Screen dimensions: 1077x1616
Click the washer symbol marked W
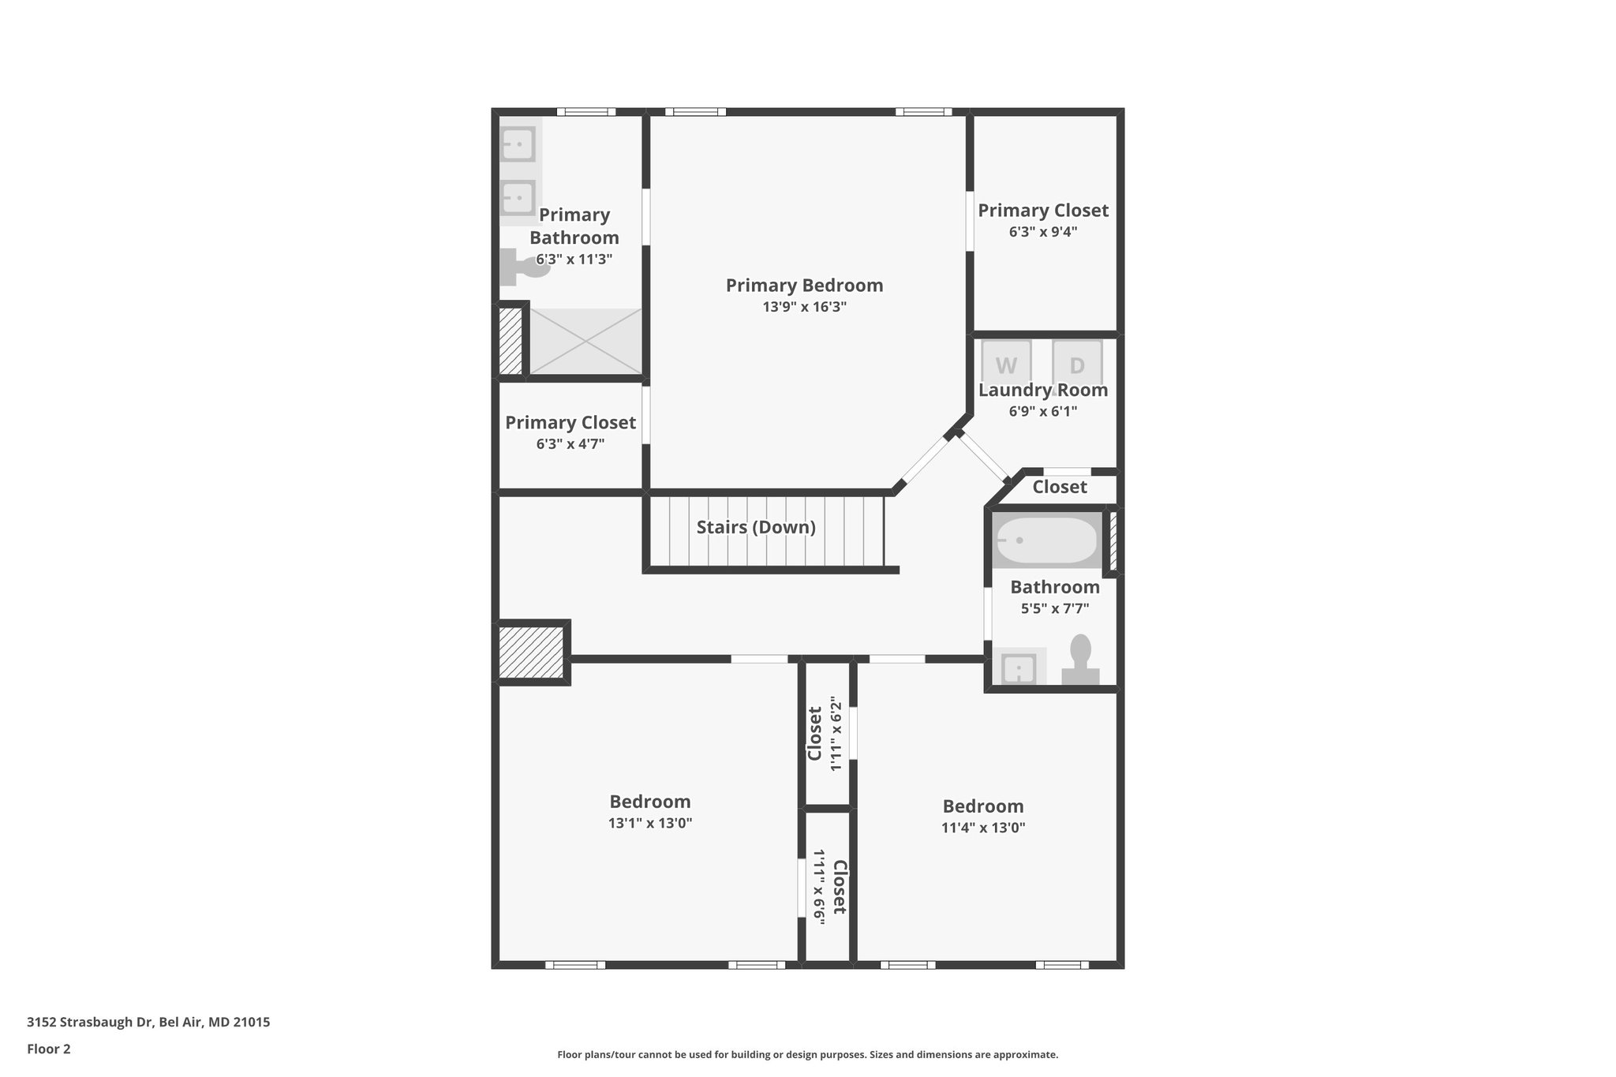tap(1006, 364)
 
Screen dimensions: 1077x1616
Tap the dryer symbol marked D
tap(1077, 364)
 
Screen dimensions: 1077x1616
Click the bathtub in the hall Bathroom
tap(1046, 540)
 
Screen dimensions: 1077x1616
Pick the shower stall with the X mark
tap(585, 342)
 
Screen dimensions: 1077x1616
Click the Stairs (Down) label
tap(756, 527)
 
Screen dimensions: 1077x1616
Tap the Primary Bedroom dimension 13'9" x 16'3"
tap(804, 307)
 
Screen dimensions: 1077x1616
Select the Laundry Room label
tap(1042, 390)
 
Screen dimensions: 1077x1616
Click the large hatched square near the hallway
tap(531, 652)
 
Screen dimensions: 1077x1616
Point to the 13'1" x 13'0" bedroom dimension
tap(649, 823)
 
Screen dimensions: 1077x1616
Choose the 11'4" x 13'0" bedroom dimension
tap(983, 828)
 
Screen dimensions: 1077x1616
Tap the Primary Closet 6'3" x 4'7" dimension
tap(570, 444)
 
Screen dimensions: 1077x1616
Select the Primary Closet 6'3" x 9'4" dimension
tap(1042, 232)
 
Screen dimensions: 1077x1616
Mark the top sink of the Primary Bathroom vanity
tap(518, 144)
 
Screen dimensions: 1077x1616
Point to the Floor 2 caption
tap(49, 1049)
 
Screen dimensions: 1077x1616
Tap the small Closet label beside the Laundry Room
tap(1059, 487)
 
